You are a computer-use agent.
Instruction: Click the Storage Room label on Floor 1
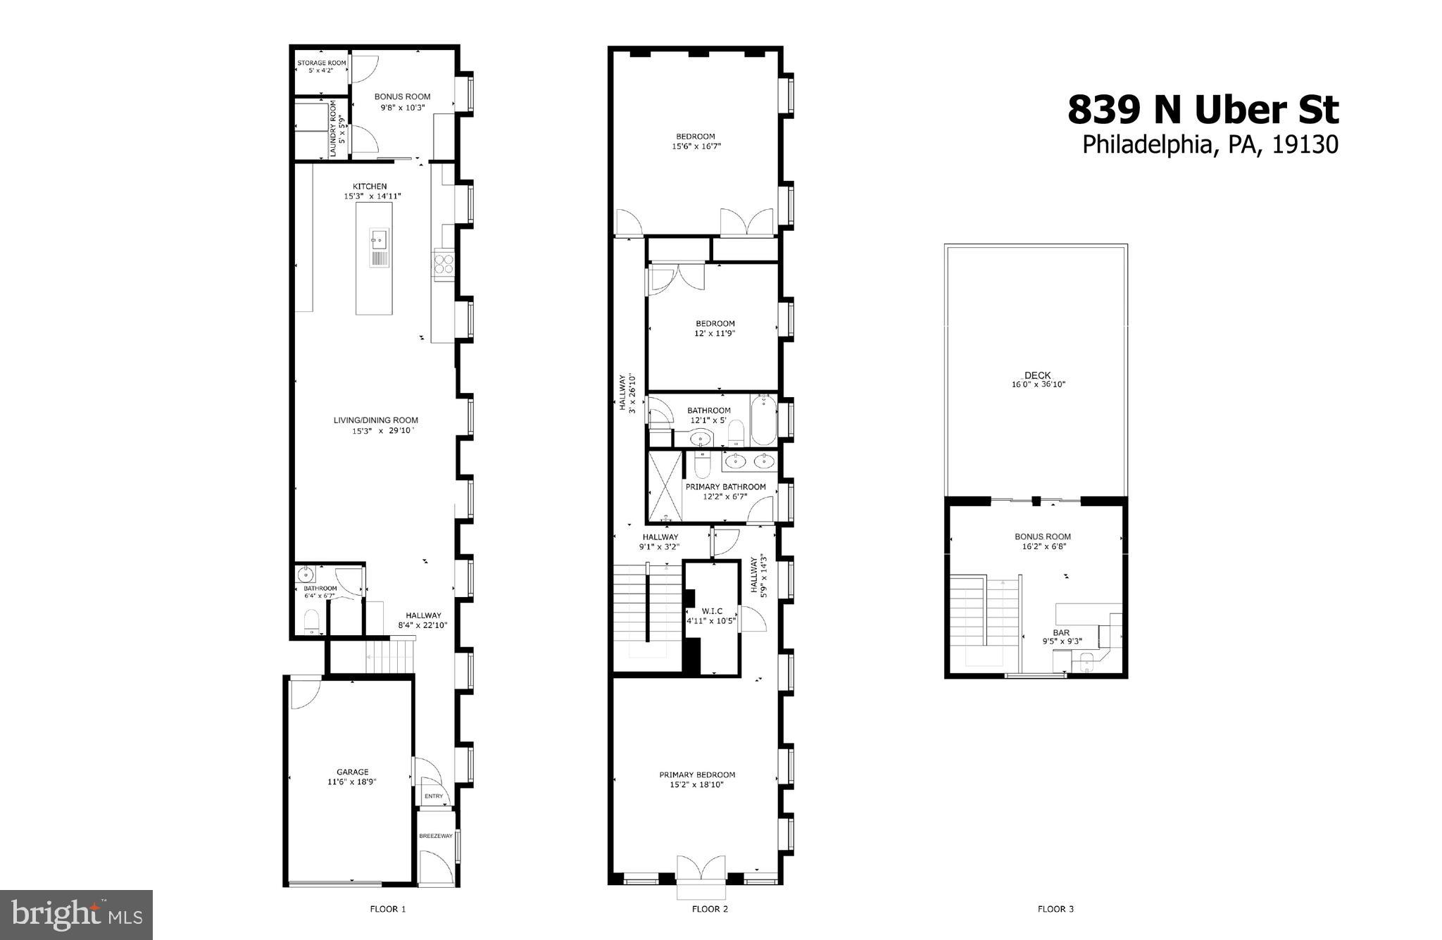(320, 63)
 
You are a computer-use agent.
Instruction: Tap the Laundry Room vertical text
(337, 127)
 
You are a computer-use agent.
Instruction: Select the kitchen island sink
(378, 240)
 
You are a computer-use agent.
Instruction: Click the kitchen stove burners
(444, 263)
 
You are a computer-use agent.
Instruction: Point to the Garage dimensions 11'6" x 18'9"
(352, 781)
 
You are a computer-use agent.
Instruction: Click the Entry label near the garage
(434, 796)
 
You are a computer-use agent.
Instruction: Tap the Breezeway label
(436, 836)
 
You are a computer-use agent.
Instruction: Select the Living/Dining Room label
(375, 420)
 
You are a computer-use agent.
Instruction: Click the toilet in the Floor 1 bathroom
(311, 622)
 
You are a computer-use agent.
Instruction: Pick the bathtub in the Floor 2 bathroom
(763, 420)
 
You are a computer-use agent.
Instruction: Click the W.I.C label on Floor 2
(711, 610)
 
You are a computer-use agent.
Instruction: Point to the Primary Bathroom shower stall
(665, 486)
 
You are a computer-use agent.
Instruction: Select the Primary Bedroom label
(697, 775)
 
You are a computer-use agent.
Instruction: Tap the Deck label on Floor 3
(1037, 375)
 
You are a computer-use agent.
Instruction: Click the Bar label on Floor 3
(1061, 632)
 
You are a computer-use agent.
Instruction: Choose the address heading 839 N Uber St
(1203, 111)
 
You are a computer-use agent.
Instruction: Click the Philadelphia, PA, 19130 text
(1210, 144)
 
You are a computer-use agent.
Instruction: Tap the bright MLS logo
(77, 915)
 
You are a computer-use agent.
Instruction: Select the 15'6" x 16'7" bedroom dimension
(696, 146)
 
